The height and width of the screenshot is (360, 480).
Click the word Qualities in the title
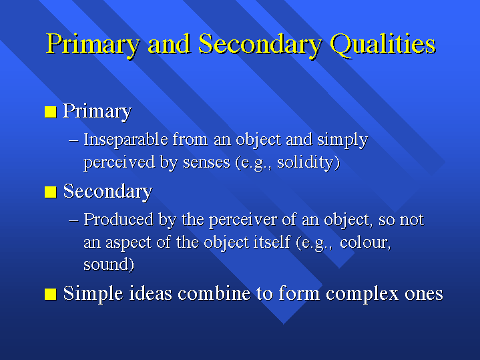(383, 45)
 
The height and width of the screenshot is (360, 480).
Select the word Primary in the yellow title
(93, 45)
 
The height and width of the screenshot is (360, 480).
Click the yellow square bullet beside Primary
(51, 112)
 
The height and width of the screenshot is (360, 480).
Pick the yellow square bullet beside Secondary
(51, 192)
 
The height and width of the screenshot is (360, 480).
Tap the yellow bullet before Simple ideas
(51, 295)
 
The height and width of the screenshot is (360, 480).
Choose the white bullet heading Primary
(97, 112)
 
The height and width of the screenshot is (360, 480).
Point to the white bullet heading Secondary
(107, 192)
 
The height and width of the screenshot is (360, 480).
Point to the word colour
(365, 242)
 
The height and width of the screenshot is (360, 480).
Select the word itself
(270, 242)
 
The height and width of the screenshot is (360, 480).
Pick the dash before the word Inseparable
(73, 141)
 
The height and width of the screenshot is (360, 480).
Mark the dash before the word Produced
(73, 220)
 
